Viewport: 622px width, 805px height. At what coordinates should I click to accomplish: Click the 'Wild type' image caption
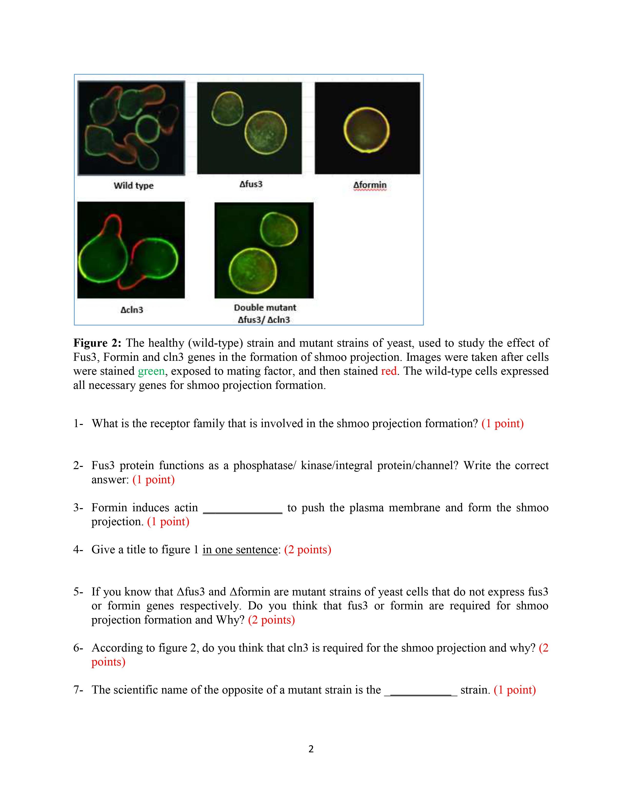[x=133, y=185]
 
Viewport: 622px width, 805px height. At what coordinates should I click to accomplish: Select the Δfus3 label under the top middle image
[x=251, y=184]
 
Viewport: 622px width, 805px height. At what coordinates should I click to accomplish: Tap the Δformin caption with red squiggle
[x=370, y=185]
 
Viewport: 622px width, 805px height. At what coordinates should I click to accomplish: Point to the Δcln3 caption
[x=131, y=310]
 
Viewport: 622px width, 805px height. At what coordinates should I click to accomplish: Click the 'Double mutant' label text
[x=265, y=307]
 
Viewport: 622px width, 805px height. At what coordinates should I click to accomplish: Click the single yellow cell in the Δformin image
[x=366, y=130]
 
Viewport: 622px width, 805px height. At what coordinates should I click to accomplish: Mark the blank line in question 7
[x=421, y=690]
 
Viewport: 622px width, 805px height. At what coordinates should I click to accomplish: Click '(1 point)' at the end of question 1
[x=502, y=423]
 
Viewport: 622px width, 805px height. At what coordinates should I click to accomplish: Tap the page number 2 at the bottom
[x=311, y=749]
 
